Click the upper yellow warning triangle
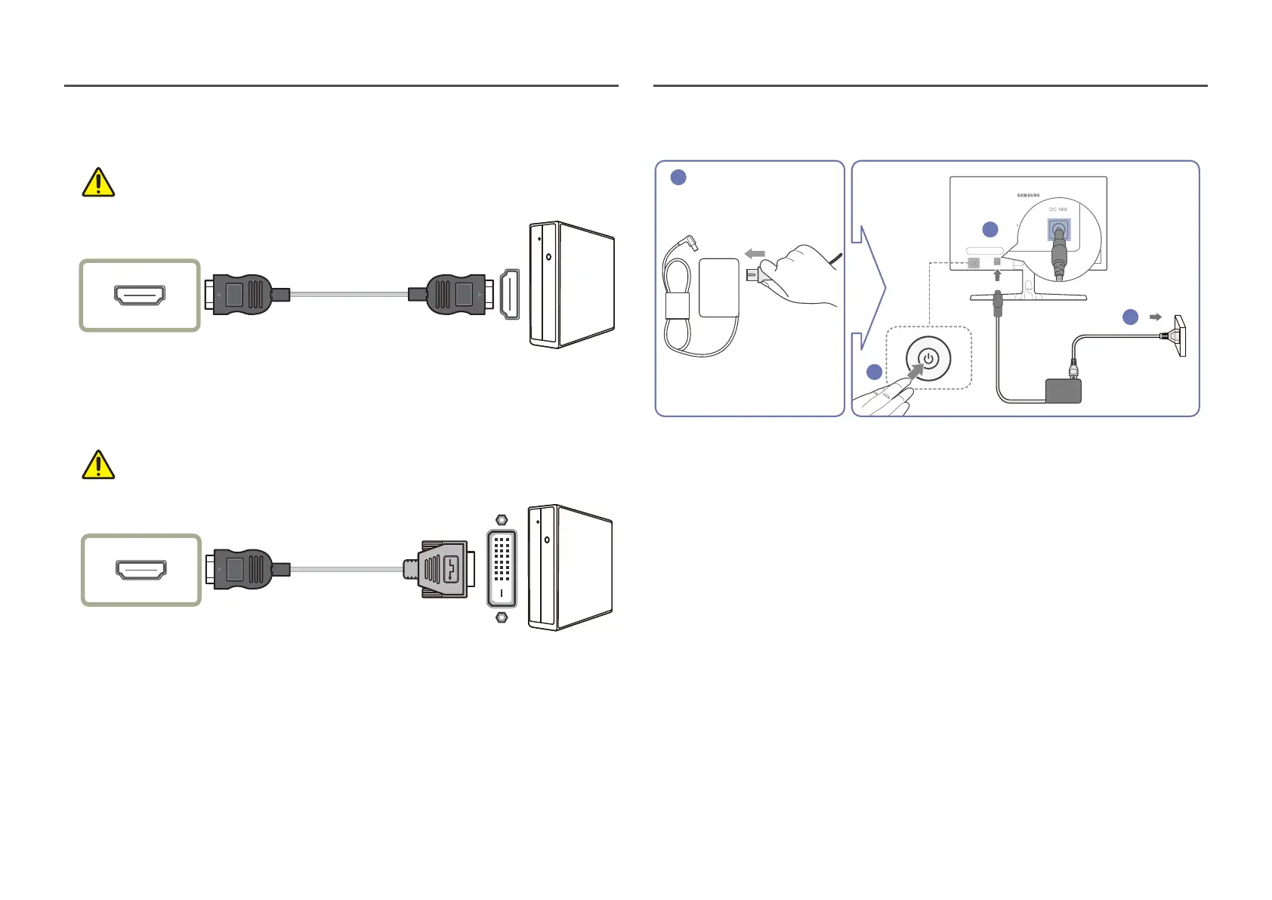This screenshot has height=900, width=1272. point(98,183)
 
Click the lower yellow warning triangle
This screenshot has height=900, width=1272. point(98,465)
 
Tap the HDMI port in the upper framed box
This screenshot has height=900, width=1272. point(140,295)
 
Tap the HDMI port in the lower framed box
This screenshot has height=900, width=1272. point(141,570)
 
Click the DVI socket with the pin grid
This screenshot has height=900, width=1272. point(502,569)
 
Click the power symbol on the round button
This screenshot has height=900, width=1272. point(928,359)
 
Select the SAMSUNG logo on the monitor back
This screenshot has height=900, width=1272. point(1028,196)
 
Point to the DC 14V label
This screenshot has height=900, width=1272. point(1057,209)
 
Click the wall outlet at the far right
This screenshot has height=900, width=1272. point(1178,336)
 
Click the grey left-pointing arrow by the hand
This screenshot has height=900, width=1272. point(755,254)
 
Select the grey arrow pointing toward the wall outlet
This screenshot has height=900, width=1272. point(1155,317)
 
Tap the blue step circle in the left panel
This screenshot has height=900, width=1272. point(678,178)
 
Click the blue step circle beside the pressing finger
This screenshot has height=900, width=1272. point(875,372)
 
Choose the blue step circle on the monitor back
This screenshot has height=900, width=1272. point(990,230)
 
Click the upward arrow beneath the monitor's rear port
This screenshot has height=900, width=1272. point(997,275)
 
